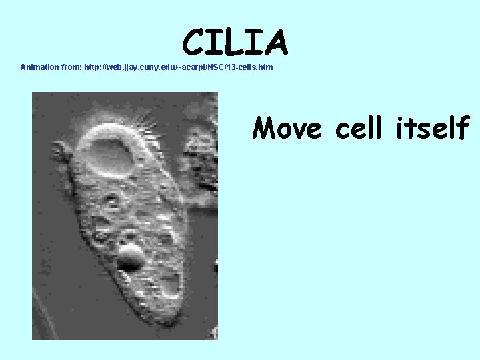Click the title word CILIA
[235, 42]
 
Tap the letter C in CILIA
[193, 43]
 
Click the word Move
[287, 127]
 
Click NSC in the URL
[215, 67]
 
